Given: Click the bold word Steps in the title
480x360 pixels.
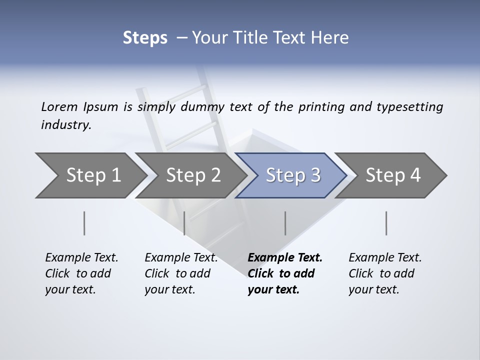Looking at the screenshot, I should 145,38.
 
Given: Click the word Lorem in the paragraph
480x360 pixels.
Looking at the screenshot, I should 59,107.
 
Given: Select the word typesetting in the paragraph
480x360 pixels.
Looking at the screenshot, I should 410,107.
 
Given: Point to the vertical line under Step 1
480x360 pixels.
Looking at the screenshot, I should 84,223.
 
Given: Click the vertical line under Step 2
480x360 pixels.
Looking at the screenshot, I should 184,223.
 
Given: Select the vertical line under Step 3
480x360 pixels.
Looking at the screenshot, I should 285,223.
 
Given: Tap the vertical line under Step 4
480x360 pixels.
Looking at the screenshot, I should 386,223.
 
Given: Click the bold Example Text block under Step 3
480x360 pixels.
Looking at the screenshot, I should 284,273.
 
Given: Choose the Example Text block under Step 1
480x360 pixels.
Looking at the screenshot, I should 81,273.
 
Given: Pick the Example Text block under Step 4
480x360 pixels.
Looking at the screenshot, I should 385,273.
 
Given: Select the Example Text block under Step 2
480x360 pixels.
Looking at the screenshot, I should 181,273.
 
